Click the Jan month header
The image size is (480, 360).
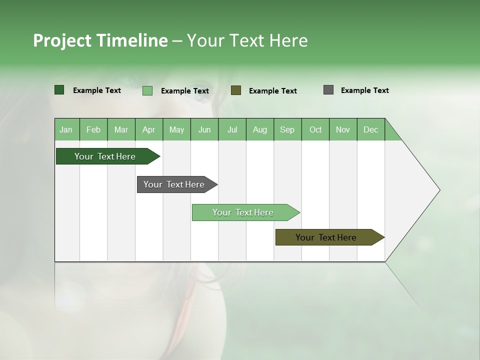[x=66, y=129]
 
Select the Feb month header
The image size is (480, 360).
[x=93, y=129]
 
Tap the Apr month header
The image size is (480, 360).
[x=149, y=129]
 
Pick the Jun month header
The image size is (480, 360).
[x=204, y=129]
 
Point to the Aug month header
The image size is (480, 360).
[x=260, y=129]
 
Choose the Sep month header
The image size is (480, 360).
[x=287, y=129]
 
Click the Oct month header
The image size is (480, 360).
[x=315, y=129]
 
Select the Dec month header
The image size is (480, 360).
[x=371, y=129]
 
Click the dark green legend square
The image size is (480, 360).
[x=59, y=90]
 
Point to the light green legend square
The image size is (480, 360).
[x=147, y=90]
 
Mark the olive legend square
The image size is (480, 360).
[x=236, y=90]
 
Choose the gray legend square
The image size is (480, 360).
[x=328, y=90]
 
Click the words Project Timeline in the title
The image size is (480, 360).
[x=100, y=40]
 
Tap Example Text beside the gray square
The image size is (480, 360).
[x=364, y=90]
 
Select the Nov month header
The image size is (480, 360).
[x=343, y=129]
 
